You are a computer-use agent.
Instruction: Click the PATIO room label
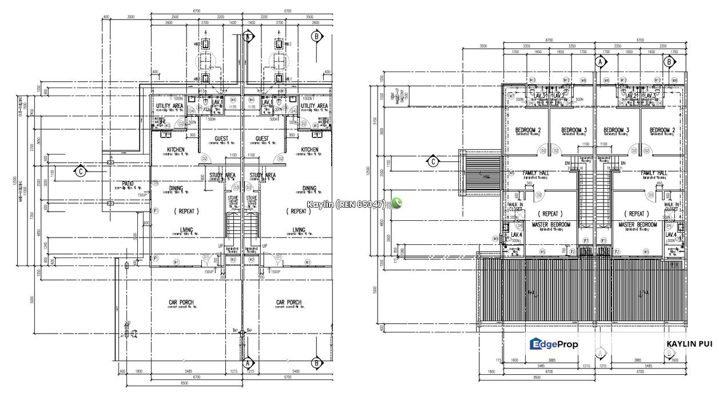click(x=128, y=184)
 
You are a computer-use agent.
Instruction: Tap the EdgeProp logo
click(x=554, y=344)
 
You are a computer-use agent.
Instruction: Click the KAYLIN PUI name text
click(x=689, y=344)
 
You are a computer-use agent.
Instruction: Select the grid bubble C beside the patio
click(x=82, y=171)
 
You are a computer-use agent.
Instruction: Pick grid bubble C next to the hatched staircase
click(x=433, y=161)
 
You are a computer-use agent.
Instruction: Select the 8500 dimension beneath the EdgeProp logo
click(x=536, y=378)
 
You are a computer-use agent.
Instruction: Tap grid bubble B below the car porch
click(x=316, y=363)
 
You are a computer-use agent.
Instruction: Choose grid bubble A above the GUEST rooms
click(x=248, y=37)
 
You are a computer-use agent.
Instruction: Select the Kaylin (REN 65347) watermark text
click(x=347, y=204)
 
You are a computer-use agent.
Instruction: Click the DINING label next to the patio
click(x=176, y=188)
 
